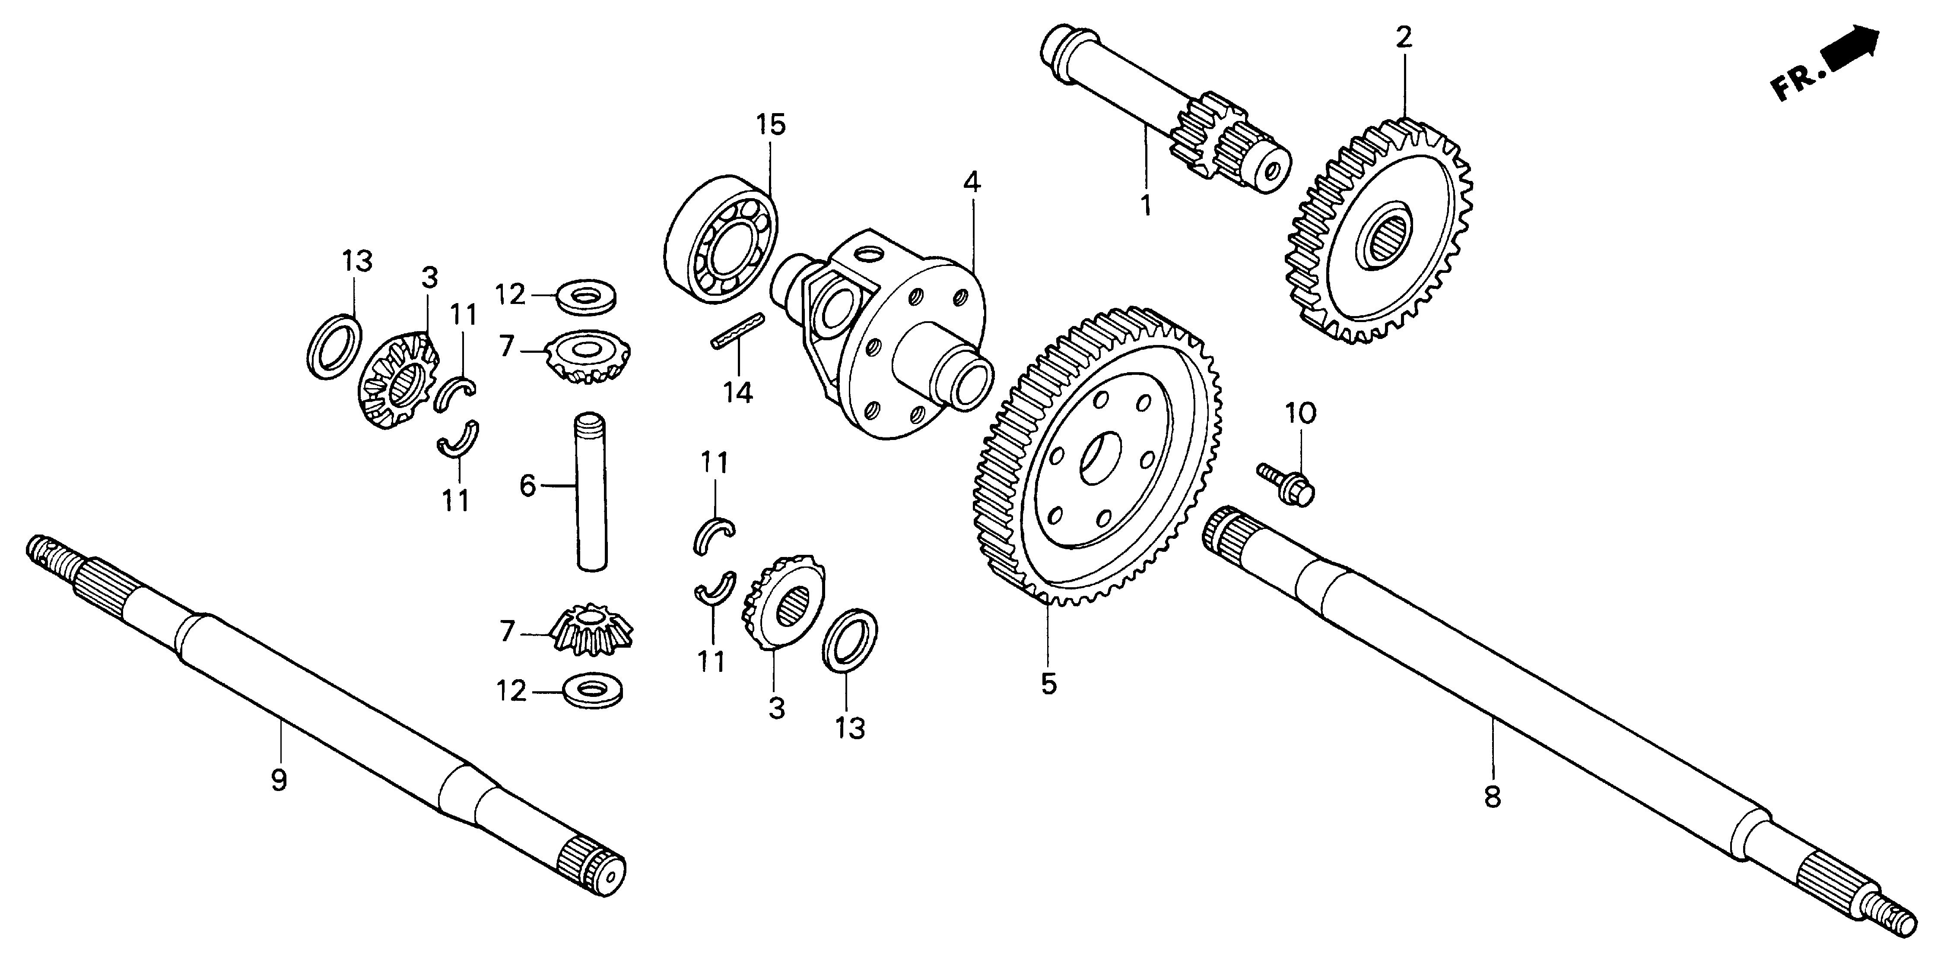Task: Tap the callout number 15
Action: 771,124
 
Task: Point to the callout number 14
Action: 738,392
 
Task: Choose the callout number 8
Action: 1492,797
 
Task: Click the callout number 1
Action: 1146,205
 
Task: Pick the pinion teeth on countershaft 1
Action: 1207,136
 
